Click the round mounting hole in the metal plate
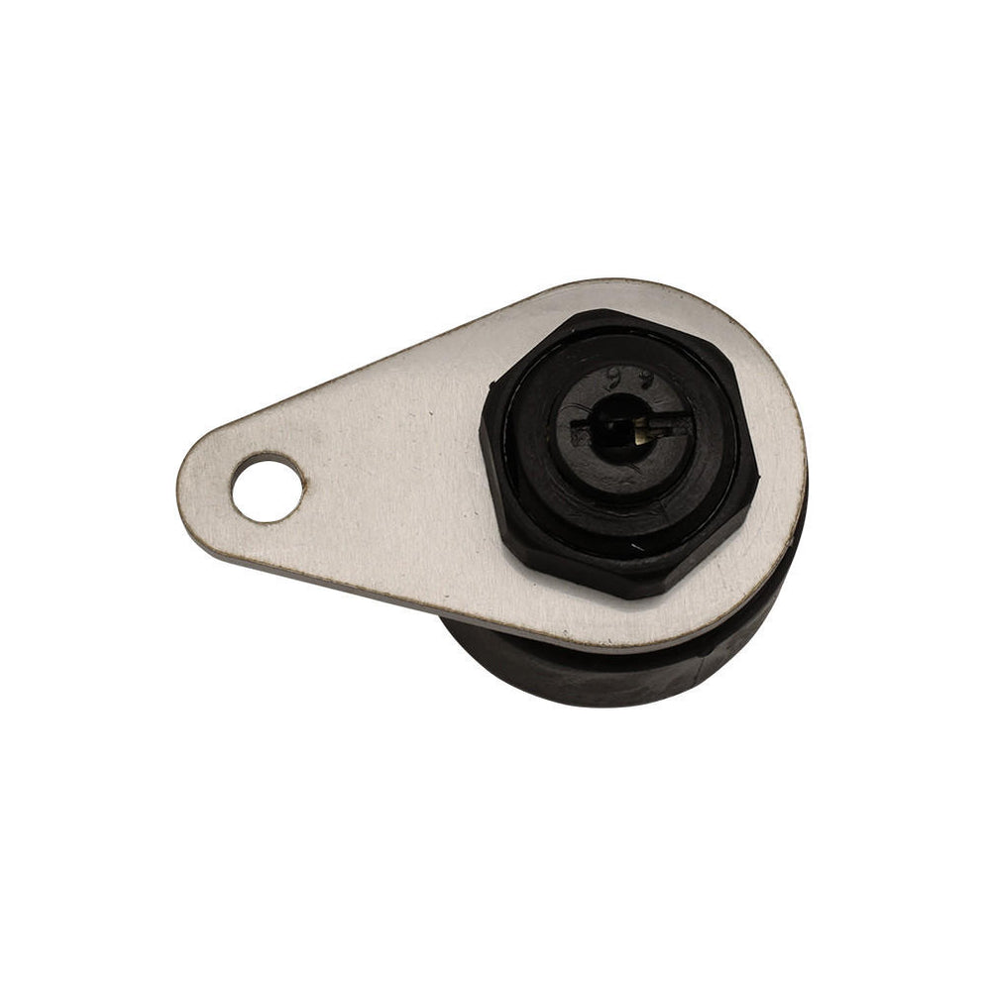(269, 488)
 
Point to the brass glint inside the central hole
(641, 428)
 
